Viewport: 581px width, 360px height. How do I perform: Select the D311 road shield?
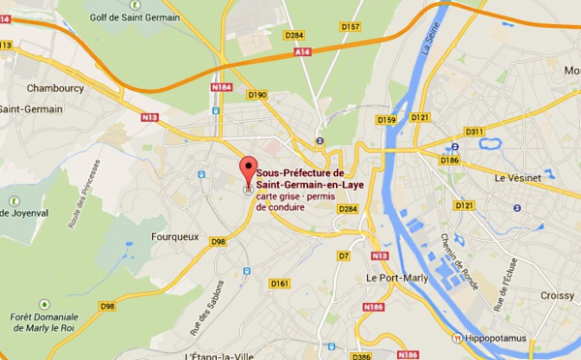(x=474, y=132)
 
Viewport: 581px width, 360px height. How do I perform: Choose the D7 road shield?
(x=343, y=255)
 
